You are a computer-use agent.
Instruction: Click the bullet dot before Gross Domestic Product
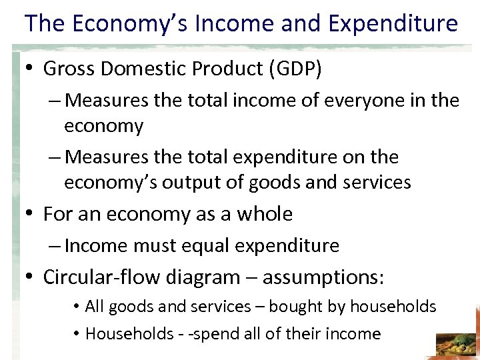(31, 69)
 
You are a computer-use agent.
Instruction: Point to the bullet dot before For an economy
(31, 215)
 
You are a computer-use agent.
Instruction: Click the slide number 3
(463, 346)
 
